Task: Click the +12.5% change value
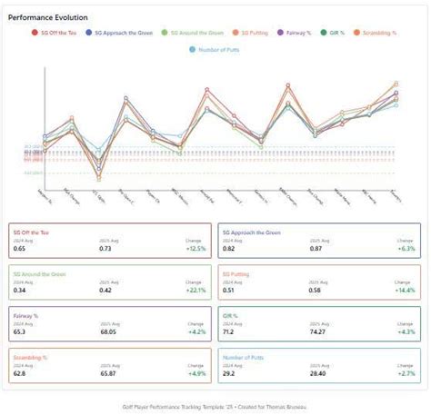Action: click(195, 248)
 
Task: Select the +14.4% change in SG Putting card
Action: click(405, 290)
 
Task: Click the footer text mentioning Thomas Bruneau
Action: click(215, 407)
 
